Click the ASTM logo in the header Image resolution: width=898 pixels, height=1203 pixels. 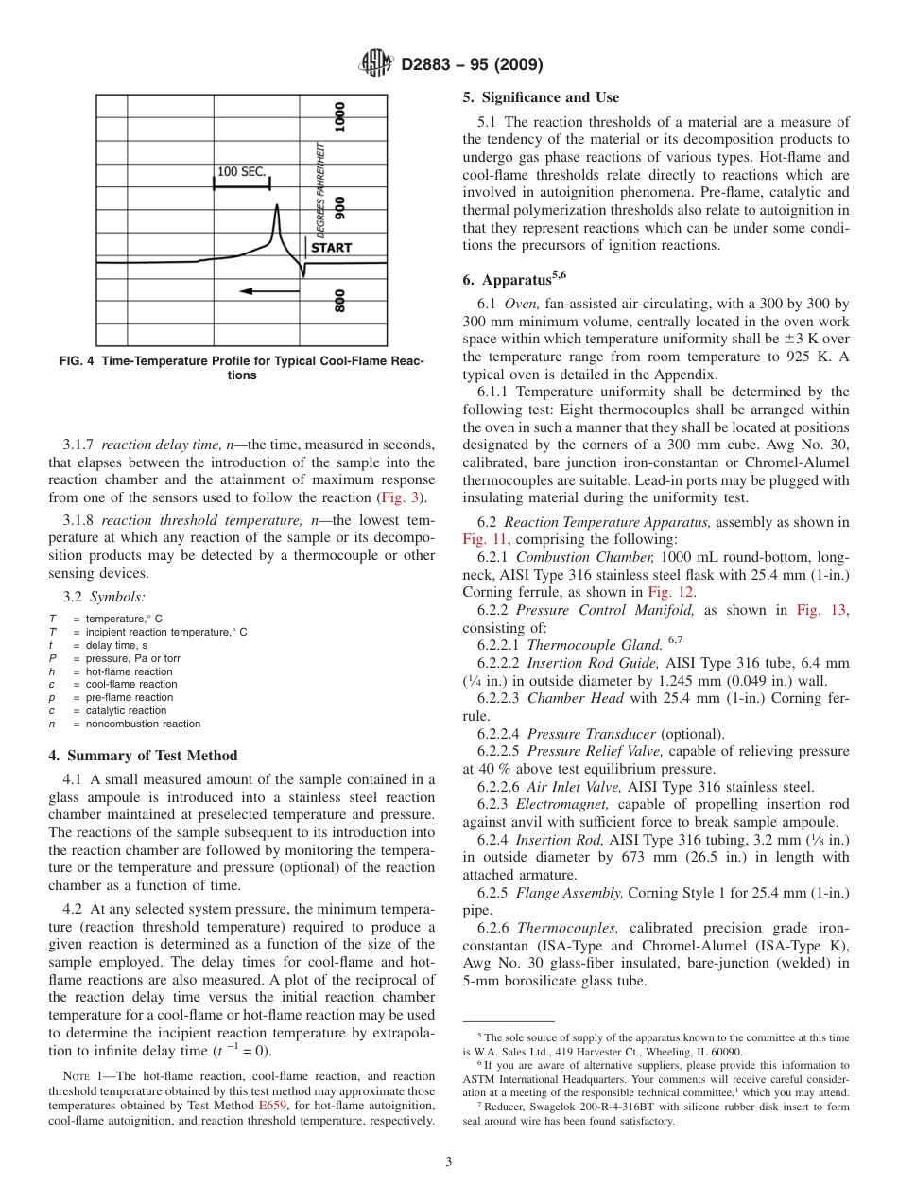(x=376, y=64)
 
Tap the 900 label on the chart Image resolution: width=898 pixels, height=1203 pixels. (x=339, y=209)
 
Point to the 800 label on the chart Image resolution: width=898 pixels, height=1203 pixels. (x=339, y=301)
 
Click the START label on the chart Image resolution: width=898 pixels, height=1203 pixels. (x=331, y=248)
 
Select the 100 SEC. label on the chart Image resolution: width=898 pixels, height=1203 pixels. (x=242, y=172)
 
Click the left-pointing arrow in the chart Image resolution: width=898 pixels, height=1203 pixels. (x=269, y=291)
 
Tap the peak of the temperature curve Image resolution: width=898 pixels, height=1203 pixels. (x=276, y=205)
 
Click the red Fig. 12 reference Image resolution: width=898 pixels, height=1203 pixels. (x=674, y=592)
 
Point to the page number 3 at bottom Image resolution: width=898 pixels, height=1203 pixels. (x=449, y=1162)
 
